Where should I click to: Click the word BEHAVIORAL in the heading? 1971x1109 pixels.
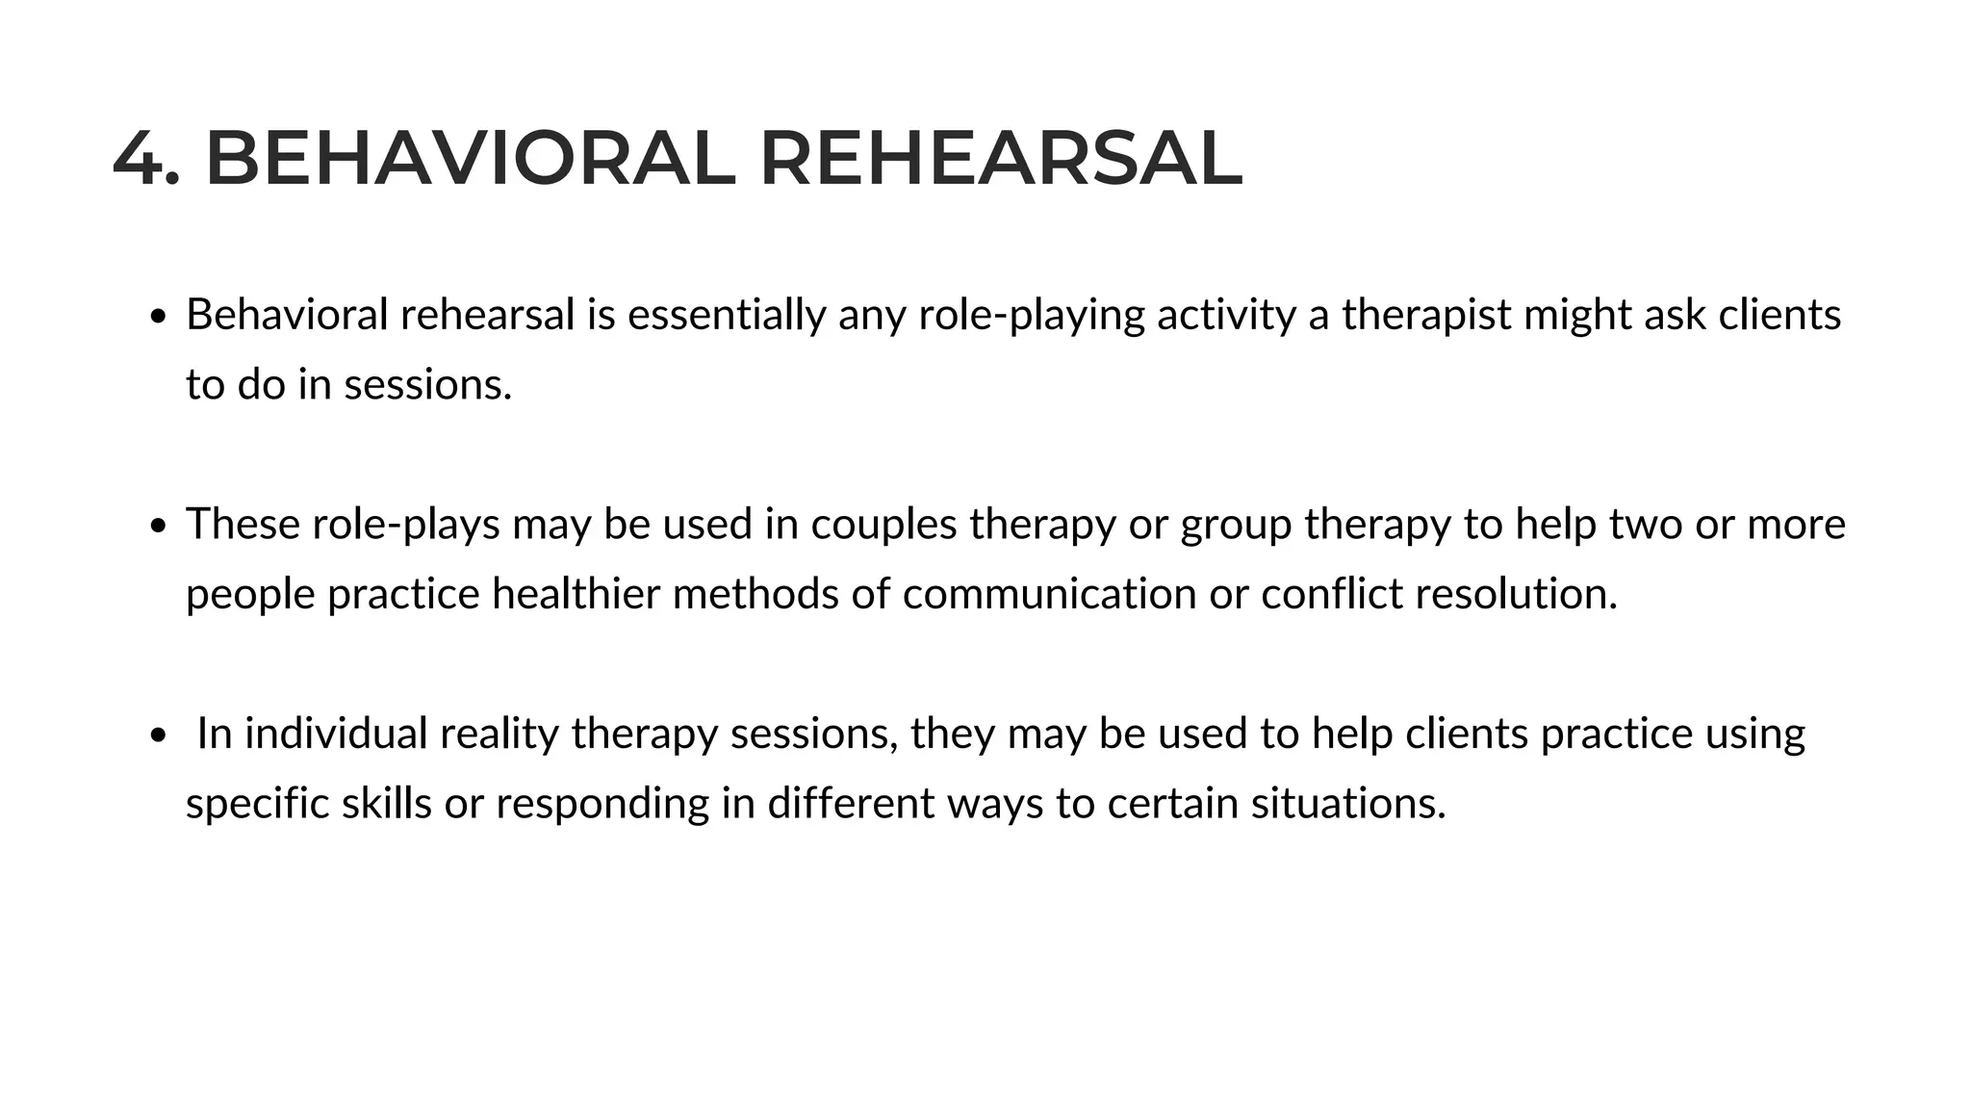pyautogui.click(x=470, y=160)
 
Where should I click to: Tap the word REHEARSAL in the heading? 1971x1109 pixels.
pyautogui.click(x=1001, y=160)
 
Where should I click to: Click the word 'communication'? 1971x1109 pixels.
pyautogui.click(x=1049, y=594)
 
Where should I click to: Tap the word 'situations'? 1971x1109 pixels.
pyautogui.click(x=1348, y=804)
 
